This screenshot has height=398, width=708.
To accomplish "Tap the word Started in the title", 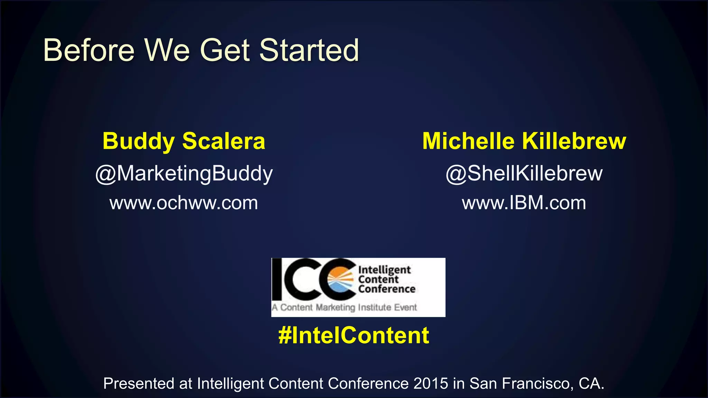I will click(x=309, y=50).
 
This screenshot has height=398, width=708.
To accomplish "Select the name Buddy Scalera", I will click(x=184, y=141).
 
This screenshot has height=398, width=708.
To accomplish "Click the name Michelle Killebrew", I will click(x=524, y=141).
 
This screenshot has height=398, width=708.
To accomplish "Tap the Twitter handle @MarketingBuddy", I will click(x=184, y=174).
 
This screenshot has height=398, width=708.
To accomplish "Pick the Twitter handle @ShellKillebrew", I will click(x=524, y=173).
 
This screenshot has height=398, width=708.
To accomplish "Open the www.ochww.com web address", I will click(x=184, y=203).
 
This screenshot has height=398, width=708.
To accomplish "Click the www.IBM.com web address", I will click(x=524, y=203).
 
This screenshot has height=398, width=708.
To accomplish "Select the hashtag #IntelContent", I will click(x=354, y=335).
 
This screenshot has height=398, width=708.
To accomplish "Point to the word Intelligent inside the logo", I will click(x=384, y=270).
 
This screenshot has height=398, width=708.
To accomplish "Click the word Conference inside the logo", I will click(x=386, y=289).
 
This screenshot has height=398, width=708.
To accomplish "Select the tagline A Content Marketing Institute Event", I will click(x=344, y=307).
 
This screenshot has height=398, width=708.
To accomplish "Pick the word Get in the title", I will click(x=225, y=50).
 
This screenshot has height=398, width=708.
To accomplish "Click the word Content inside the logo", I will click(x=378, y=279).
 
